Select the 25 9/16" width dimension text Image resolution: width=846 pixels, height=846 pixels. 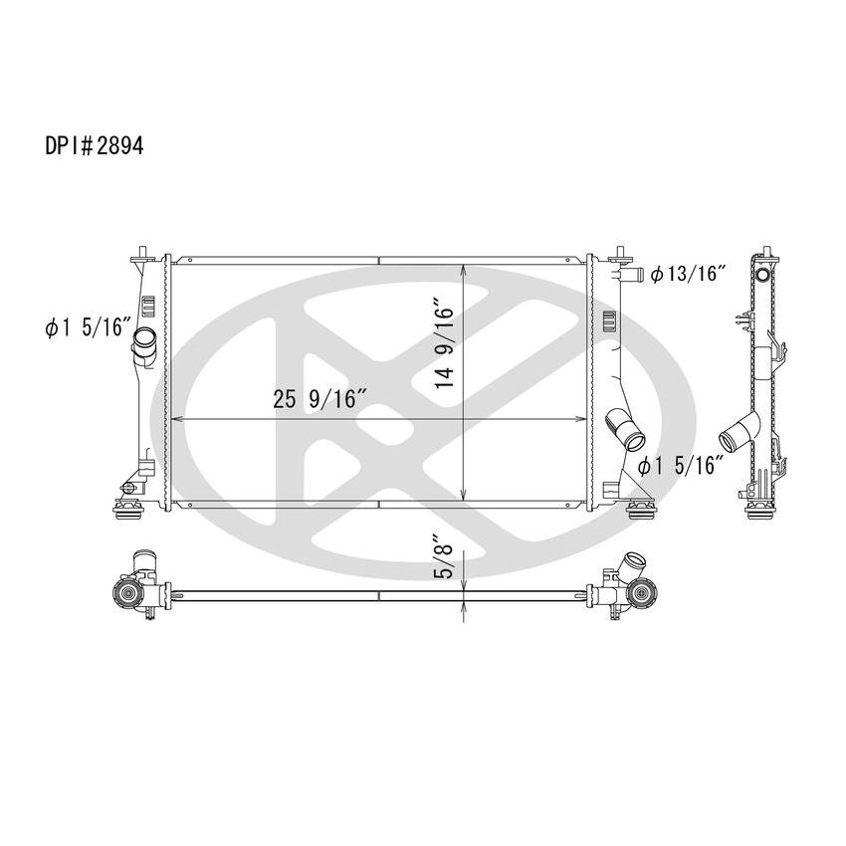coord(320,400)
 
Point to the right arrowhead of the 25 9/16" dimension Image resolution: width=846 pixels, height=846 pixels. coord(582,419)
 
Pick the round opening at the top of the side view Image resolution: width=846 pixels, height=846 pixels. coord(764,275)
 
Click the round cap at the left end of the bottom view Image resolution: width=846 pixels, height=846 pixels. coord(128,596)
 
